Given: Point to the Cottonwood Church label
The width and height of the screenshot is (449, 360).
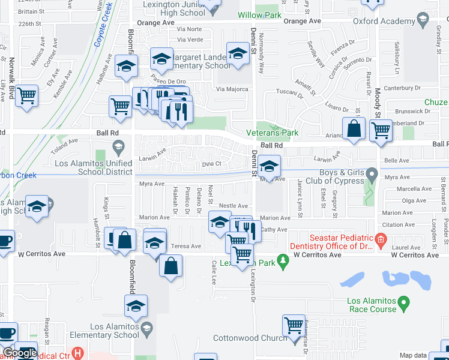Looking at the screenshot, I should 251,338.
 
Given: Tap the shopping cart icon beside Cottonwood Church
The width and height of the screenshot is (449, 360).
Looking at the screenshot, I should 294,326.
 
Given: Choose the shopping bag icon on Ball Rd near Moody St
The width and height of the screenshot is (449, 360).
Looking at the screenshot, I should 354,128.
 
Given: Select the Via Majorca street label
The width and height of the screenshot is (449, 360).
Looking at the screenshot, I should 232,89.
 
